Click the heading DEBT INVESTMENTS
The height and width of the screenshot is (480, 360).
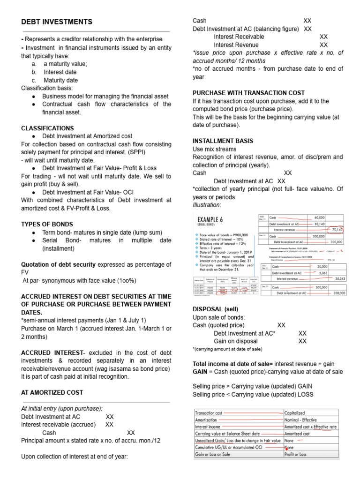pyautogui.click(x=57, y=22)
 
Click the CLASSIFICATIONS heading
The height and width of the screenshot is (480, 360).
pyautogui.click(x=47, y=128)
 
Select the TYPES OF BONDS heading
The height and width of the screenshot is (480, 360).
pyautogui.click(x=47, y=224)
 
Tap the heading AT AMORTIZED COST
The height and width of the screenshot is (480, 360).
pyautogui.click(x=52, y=392)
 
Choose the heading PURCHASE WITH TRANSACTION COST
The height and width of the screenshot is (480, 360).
pyautogui.click(x=248, y=93)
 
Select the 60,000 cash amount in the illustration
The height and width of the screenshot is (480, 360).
pyautogui.click(x=319, y=217)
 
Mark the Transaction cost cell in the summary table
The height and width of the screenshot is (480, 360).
pyautogui.click(x=209, y=413)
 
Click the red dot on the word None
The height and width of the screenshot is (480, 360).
pyautogui.click(x=285, y=448)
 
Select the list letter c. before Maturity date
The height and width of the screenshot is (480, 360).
pyautogui.click(x=34, y=80)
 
